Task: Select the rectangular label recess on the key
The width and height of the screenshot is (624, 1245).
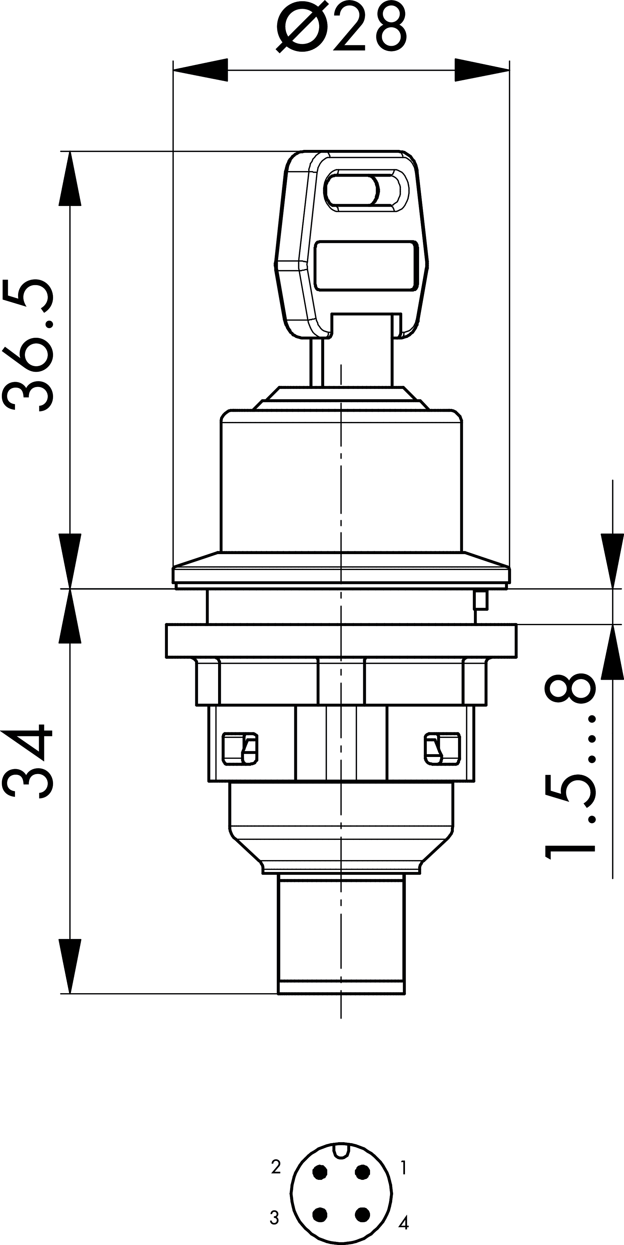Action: point(366,266)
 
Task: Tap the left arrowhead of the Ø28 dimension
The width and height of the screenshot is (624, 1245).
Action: point(200,70)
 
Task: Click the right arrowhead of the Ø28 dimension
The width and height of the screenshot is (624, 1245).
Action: point(482,70)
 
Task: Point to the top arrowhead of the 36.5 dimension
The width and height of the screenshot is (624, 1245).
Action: point(70,179)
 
